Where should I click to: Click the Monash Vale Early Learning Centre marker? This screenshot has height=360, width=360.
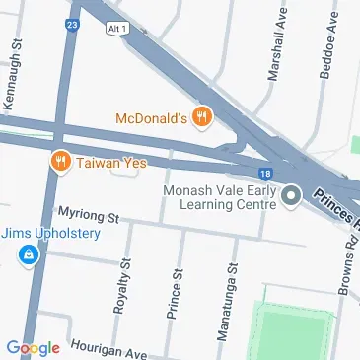tap(291, 196)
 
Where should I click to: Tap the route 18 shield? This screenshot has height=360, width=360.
tap(266, 174)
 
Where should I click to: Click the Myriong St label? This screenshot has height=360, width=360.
tap(88, 214)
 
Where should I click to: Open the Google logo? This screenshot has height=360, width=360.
tap(33, 347)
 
